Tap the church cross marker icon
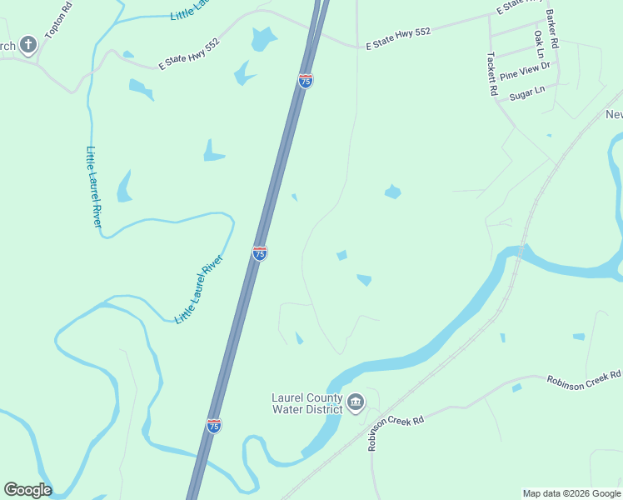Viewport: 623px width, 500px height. pyautogui.click(x=28, y=44)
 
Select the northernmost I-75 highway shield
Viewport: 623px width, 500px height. pyautogui.click(x=306, y=81)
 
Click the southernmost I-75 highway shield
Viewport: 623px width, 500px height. pyautogui.click(x=214, y=426)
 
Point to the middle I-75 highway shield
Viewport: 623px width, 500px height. pyautogui.click(x=260, y=252)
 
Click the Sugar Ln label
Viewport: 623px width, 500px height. pyautogui.click(x=526, y=92)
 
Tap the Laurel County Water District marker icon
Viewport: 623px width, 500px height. pyautogui.click(x=356, y=404)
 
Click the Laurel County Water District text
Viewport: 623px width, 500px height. pyautogui.click(x=307, y=403)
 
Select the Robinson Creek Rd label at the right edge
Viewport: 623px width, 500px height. pyautogui.click(x=584, y=378)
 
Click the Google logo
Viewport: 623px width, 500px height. pyautogui.click(x=27, y=490)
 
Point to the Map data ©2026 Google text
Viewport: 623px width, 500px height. pyautogui.click(x=572, y=493)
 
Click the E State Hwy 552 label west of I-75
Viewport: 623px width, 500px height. pyautogui.click(x=190, y=52)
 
